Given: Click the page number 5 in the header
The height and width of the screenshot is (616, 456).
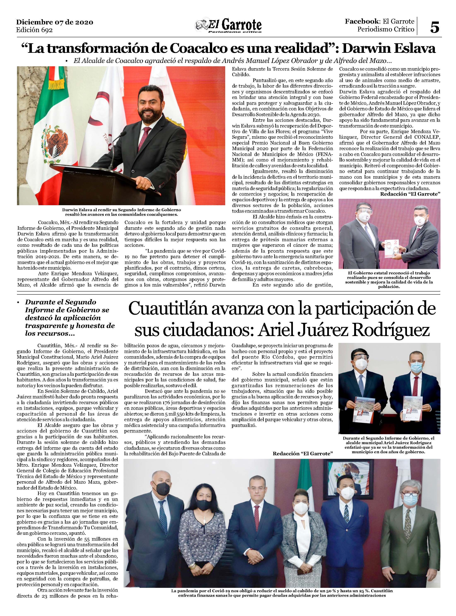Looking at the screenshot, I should click(434, 27).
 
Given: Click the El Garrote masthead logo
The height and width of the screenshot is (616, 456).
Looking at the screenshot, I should click(228, 26).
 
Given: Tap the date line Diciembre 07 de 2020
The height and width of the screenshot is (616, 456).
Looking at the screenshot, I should click(54, 22).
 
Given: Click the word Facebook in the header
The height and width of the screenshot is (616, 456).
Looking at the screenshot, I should click(361, 21).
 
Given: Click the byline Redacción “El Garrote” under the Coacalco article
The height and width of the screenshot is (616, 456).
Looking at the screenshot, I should click(410, 194).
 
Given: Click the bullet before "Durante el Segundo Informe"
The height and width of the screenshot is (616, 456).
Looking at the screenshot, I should click(18, 303).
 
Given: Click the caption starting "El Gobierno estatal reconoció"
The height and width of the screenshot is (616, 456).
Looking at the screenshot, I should click(389, 280).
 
